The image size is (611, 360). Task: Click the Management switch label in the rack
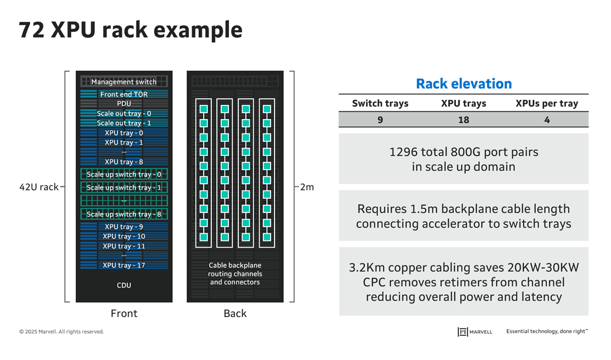coord(124,82)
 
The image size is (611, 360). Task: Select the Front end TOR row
coord(124,94)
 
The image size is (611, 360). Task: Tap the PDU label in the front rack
coord(124,104)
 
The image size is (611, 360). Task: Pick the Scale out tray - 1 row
coord(124,123)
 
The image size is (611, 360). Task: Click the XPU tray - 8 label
coord(124,162)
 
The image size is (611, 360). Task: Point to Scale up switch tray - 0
coord(124,175)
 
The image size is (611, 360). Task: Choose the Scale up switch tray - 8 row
coord(124,214)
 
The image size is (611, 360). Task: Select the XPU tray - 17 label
coord(124,266)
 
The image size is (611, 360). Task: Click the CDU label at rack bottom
coord(124,285)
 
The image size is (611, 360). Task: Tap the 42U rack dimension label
coord(38,187)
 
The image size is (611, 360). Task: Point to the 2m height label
coord(307,187)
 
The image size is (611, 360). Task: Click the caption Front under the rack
coord(124,313)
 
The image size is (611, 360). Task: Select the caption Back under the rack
coord(235,313)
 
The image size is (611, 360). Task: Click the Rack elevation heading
coord(463,84)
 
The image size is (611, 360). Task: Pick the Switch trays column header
coord(380,104)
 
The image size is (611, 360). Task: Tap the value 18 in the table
coord(463,120)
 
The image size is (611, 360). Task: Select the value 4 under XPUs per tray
coord(547,120)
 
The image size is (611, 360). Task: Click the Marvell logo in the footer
coord(475,331)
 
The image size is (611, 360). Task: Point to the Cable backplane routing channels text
coord(235,274)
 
